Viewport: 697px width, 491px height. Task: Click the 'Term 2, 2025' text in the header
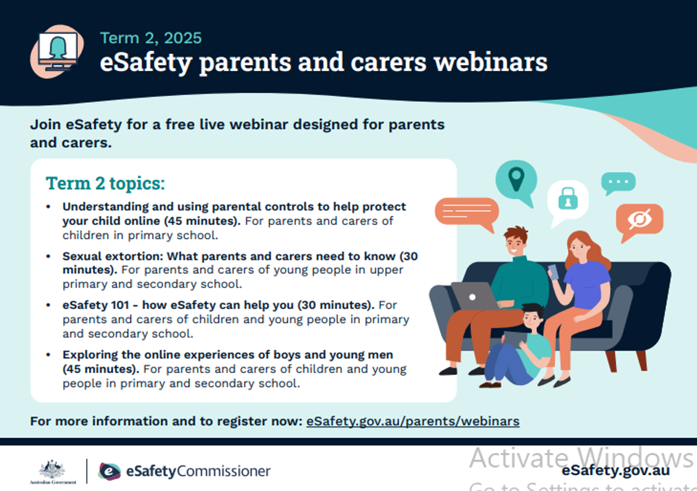151,38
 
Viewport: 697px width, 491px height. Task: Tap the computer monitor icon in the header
58,50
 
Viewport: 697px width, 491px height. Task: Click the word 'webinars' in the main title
491,62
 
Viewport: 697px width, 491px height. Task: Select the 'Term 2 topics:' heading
105,183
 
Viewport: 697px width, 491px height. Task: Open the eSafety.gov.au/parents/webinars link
413,421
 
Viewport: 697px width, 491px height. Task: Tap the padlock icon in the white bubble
568,198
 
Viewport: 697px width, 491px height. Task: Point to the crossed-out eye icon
639,219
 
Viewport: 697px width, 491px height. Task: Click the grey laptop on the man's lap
475,296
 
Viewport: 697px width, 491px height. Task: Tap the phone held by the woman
553,272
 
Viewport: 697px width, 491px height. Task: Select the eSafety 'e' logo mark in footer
110,471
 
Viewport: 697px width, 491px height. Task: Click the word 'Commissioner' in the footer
224,471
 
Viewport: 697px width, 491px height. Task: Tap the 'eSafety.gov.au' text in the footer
616,471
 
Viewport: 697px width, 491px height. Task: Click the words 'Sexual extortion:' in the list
113,256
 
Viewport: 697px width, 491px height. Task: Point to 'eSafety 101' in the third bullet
96,305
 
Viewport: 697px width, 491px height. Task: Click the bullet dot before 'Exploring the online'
48,355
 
